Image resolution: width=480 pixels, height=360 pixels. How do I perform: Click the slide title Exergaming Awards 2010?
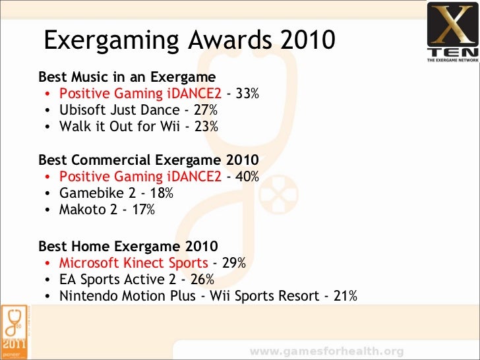pos(190,42)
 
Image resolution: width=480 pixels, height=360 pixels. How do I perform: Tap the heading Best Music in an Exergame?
pos(127,77)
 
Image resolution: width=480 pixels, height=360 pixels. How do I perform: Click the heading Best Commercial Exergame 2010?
pos(148,160)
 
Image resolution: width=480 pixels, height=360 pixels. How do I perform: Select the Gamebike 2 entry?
pos(97,193)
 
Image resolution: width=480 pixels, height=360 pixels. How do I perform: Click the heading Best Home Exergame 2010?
pos(127,247)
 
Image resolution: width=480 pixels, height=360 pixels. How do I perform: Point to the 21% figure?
pos(345,296)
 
